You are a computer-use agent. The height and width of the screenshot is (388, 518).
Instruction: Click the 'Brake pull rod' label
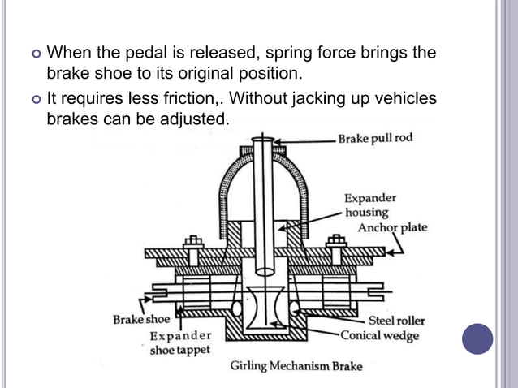coord(376,138)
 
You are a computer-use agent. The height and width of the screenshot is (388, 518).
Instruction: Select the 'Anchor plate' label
coord(392,227)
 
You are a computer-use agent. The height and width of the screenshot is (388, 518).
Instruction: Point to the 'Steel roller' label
coord(394,321)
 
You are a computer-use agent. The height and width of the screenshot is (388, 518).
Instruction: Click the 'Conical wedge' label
coord(379,334)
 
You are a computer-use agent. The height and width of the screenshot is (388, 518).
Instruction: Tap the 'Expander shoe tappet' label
coord(180,343)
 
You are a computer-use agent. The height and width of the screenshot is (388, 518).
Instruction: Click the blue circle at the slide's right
coord(477,338)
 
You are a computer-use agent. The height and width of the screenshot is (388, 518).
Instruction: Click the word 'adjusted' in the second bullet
coord(199,119)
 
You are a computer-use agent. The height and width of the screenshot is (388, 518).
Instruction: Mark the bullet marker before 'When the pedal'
coord(34,54)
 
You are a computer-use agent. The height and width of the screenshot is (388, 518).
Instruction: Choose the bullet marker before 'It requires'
coord(34,99)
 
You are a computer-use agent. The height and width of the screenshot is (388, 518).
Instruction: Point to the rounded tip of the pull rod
coord(263,267)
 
